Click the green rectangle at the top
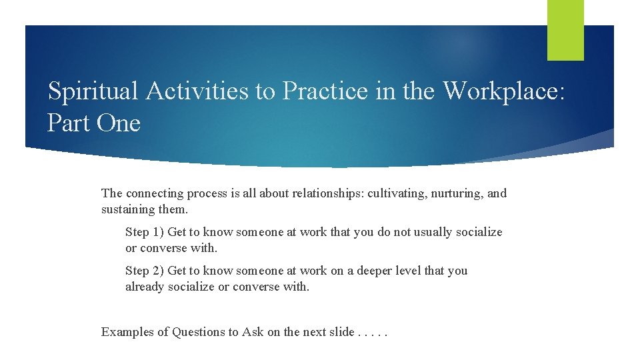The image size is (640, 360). [x=565, y=30]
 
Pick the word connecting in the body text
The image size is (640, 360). [x=155, y=193]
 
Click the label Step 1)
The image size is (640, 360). [x=144, y=232]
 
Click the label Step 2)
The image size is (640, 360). [x=144, y=271]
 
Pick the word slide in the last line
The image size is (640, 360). [x=340, y=332]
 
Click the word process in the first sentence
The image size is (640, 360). [x=207, y=193]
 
